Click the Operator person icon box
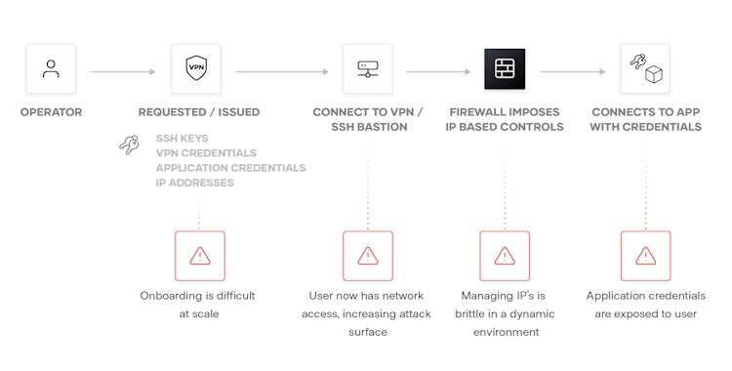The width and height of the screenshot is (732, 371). [51, 69]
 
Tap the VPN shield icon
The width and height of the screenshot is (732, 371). [196, 69]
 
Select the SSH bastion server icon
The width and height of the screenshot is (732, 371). [367, 69]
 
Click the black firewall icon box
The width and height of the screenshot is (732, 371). [505, 69]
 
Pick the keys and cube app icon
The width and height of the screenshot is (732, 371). [645, 69]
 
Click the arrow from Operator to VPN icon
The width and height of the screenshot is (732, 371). [123, 70]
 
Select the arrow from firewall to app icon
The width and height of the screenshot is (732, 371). [575, 70]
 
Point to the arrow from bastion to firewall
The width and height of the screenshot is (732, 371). [438, 70]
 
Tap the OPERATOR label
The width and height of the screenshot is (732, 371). [51, 112]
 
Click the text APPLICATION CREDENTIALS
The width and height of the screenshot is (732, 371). [230, 168]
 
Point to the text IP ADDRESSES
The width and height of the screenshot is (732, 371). [194, 183]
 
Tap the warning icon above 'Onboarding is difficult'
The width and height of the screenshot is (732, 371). [199, 256]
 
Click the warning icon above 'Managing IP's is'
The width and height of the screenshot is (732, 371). [505, 256]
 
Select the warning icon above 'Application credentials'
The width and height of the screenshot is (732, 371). [645, 256]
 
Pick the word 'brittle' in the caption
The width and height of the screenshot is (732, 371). [474, 313]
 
